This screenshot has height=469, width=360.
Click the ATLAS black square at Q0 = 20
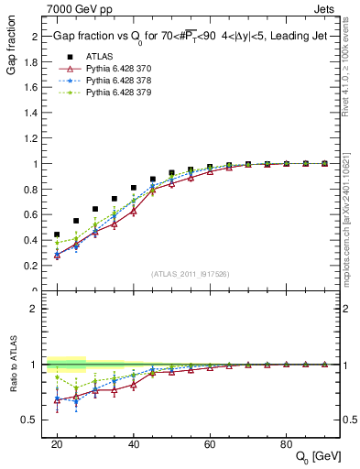point(57,234)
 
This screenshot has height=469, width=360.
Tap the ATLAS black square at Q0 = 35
point(115,199)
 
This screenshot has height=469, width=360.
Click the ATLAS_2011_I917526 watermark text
point(190,274)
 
